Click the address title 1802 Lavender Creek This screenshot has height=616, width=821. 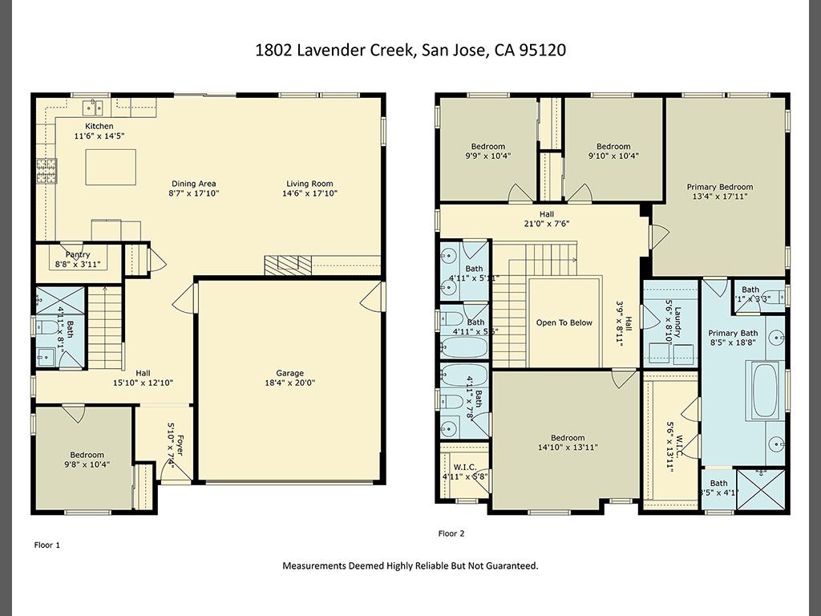click(410, 50)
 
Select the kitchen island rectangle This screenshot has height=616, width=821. click(111, 167)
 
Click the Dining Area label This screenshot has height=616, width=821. click(192, 184)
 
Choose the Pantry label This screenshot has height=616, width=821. click(78, 254)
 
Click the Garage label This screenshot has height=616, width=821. click(290, 373)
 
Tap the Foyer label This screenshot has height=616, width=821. click(180, 445)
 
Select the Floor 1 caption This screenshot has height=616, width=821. click(47, 545)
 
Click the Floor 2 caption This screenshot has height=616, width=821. click(451, 533)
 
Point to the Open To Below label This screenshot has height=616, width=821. click(564, 322)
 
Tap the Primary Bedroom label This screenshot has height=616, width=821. click(720, 187)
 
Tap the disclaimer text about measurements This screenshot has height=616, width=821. click(410, 565)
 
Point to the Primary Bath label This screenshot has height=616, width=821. click(733, 334)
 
